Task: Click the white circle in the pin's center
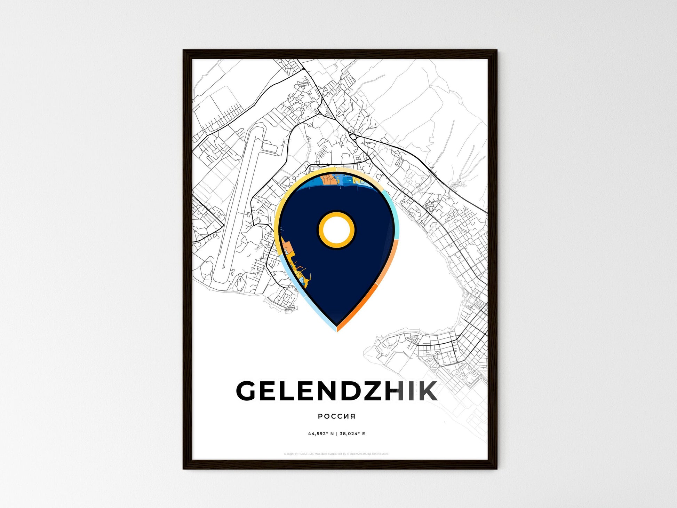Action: click(336, 229)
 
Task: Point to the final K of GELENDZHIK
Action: click(427, 391)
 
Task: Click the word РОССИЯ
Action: click(336, 416)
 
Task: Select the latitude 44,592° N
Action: click(321, 434)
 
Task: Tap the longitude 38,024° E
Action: click(352, 434)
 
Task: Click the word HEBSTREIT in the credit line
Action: click(306, 454)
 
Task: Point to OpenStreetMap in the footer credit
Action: click(360, 454)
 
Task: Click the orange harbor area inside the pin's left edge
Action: click(287, 248)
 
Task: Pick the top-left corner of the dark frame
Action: click(184, 50)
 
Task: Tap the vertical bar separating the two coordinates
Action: click(336, 434)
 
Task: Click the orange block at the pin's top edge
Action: click(328, 180)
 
